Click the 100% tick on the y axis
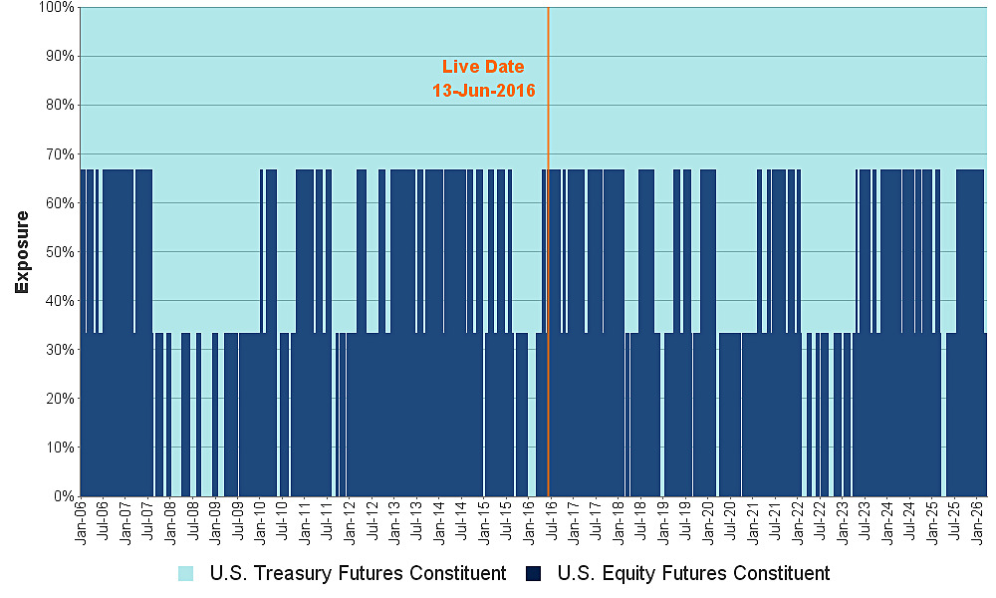pos(56,7)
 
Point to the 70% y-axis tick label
pos(60,154)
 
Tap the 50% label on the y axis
pos(60,252)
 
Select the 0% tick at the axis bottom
pos(64,496)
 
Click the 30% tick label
pos(60,350)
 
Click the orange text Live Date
pos(483,67)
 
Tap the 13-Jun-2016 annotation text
pos(483,91)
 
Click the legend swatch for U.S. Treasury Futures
pos(186,574)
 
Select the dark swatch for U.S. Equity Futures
pos(536,574)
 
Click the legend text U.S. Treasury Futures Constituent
pos(357,574)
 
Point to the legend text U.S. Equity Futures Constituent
pos(693,574)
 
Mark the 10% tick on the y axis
pos(60,448)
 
